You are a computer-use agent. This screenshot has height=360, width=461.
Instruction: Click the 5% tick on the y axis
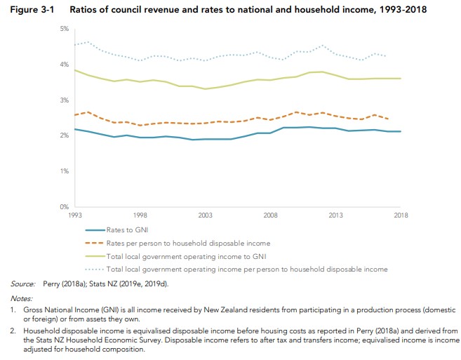pos(64,29)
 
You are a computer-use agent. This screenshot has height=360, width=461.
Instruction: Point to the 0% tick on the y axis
pos(64,207)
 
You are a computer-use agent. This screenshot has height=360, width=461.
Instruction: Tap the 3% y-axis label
pos(64,100)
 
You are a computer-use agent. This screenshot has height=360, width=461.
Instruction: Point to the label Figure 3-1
pos(29,8)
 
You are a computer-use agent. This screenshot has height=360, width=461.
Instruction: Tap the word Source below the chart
pos(22,284)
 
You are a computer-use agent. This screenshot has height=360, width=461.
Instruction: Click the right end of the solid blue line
pos(401,131)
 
